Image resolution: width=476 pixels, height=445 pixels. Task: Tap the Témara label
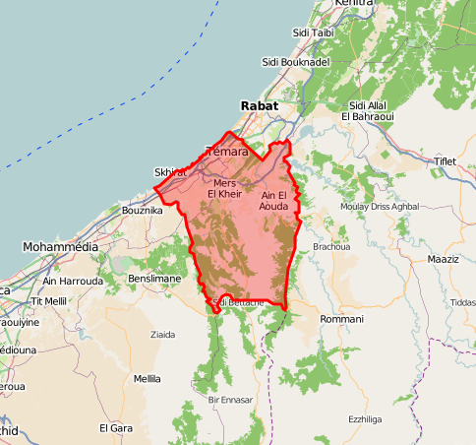[x=225, y=152]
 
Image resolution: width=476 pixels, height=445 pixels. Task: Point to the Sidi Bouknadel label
[x=295, y=62]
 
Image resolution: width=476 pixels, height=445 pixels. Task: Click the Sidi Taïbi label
[x=315, y=32]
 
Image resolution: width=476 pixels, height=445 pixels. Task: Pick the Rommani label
[x=342, y=319]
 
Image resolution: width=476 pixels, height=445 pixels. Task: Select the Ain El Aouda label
[x=273, y=202]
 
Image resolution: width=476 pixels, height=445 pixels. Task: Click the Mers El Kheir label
[x=224, y=188]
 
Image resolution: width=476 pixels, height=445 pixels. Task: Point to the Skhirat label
[x=170, y=172]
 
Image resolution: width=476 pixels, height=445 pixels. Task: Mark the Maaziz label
[x=444, y=258]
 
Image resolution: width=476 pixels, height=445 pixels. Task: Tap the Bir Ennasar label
[x=230, y=400]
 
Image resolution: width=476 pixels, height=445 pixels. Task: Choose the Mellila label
[x=147, y=378]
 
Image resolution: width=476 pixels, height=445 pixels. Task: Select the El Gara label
[x=116, y=428]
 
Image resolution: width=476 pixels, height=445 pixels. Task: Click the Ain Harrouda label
[x=73, y=281]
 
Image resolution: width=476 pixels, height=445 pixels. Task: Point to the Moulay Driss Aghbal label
[x=379, y=207]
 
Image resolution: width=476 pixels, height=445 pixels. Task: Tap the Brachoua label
[x=331, y=246]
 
